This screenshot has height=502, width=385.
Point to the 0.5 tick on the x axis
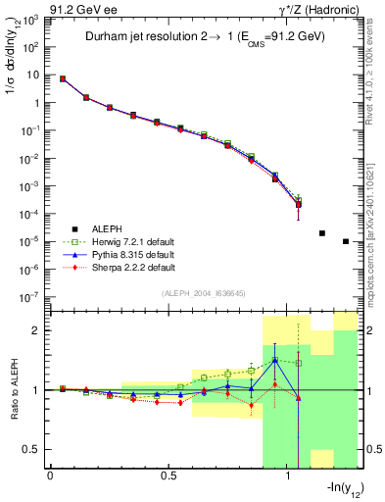tap(168, 477)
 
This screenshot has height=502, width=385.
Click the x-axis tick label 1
tap(287, 477)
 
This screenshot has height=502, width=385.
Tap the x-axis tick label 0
tap(50, 477)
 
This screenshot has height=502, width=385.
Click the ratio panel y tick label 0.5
tap(35, 449)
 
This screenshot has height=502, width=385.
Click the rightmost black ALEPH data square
tap(346, 241)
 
